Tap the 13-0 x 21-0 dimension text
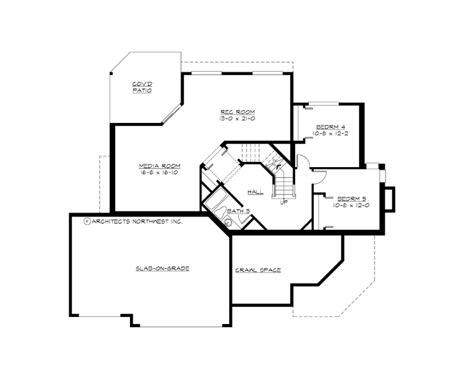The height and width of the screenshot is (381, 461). tap(234, 118)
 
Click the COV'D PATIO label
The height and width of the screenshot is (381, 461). tap(142, 87)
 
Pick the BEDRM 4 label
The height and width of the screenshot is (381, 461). tap(330, 126)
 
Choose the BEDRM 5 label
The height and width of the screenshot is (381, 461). tap(352, 199)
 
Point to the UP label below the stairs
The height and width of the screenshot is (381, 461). tap(284, 202)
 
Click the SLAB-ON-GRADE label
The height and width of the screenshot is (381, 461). tap(162, 268)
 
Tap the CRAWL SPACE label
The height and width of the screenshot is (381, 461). tap(258, 270)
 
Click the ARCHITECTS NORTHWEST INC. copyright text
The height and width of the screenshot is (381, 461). tap(134, 221)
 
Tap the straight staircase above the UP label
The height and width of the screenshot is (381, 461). tap(284, 182)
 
